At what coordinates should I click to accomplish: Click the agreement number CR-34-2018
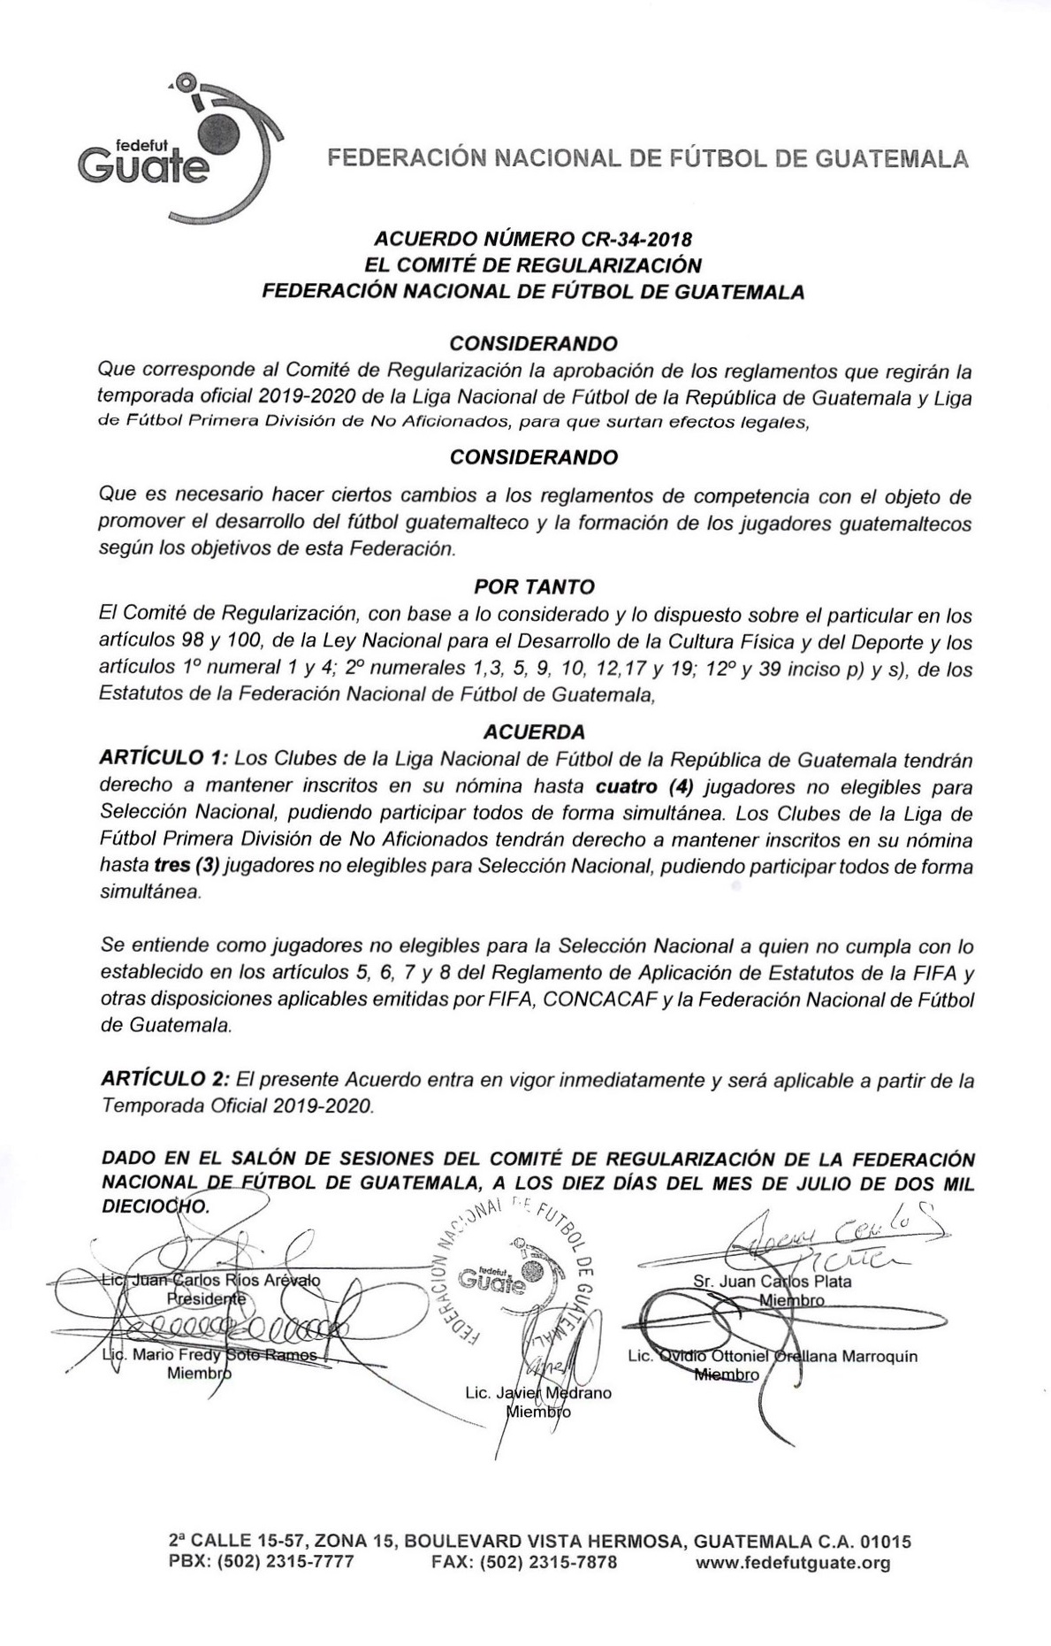[635, 239]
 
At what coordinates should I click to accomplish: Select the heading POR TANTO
[534, 586]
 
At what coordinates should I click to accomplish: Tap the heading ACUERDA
[534, 731]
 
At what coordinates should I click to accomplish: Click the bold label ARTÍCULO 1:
[165, 759]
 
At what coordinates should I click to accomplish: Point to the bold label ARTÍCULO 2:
[165, 1080]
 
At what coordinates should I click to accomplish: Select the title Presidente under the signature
[206, 1298]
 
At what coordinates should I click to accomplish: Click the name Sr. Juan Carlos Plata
[773, 1281]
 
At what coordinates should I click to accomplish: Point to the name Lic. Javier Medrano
[537, 1393]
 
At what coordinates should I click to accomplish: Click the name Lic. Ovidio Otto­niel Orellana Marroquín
[772, 1356]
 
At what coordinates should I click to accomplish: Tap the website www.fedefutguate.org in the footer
[793, 1563]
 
